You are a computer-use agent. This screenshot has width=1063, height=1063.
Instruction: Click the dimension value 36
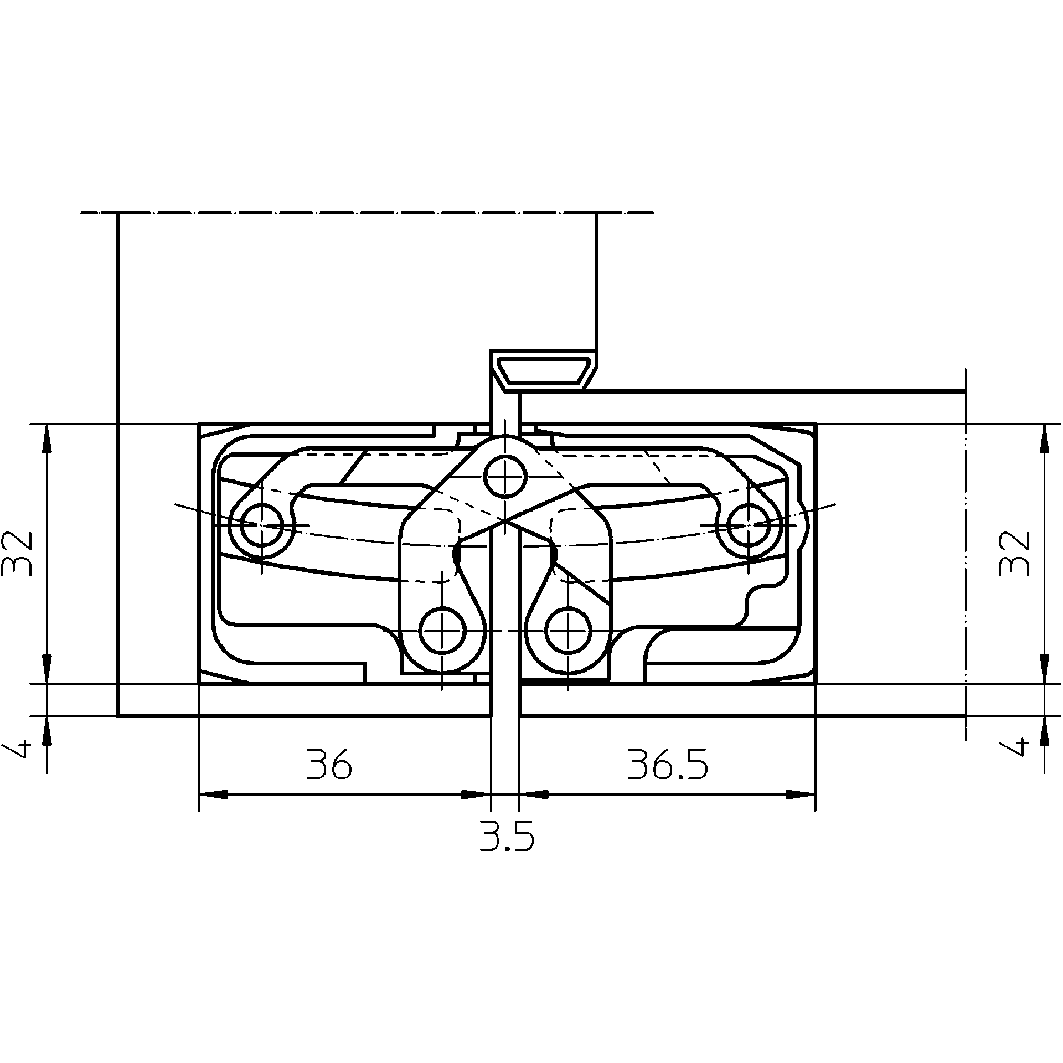[x=329, y=765]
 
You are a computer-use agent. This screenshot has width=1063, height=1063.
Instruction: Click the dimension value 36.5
[x=667, y=765]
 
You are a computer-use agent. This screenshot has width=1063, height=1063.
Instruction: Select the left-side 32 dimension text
[x=18, y=553]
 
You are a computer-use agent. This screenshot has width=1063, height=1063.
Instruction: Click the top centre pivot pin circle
[x=505, y=475]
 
